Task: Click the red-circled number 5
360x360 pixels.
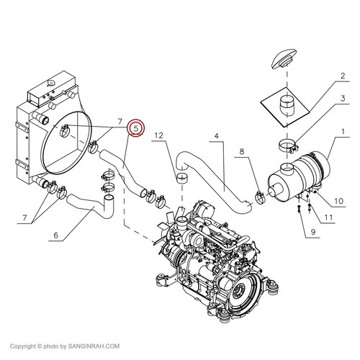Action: tap(135, 128)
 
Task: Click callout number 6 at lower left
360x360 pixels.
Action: tap(54, 234)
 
